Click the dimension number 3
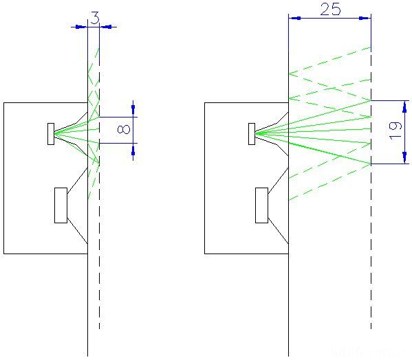pos(95,18)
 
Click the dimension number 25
pos(330,9)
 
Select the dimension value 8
pos(124,129)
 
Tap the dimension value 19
pos(395,131)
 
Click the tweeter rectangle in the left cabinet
pos(51,134)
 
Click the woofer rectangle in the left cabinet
pos(61,205)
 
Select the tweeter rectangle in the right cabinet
pos(252,134)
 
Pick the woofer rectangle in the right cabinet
pos(261,205)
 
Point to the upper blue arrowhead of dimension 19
pos(404,106)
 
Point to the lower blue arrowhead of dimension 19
pos(404,158)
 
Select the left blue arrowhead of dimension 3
pos(81,27)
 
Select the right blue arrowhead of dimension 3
pos(107,27)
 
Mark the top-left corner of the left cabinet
pos(4,102)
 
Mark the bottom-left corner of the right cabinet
pos(205,254)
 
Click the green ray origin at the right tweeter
pos(256,134)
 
